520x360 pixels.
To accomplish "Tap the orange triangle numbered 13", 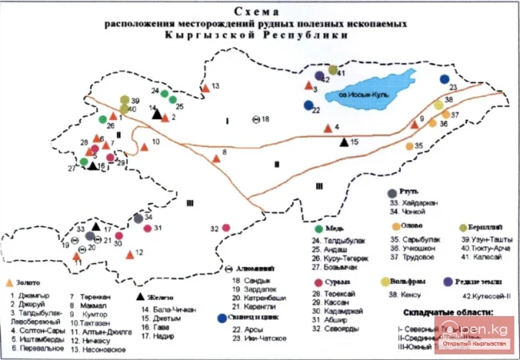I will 205,86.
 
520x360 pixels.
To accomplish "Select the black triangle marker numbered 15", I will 344,143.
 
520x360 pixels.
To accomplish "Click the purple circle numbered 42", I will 319,77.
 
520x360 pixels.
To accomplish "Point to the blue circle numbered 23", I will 445,79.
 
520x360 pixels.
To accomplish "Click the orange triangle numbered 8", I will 215,158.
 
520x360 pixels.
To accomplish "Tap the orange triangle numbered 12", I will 130,253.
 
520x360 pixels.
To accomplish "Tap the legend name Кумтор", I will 90,318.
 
